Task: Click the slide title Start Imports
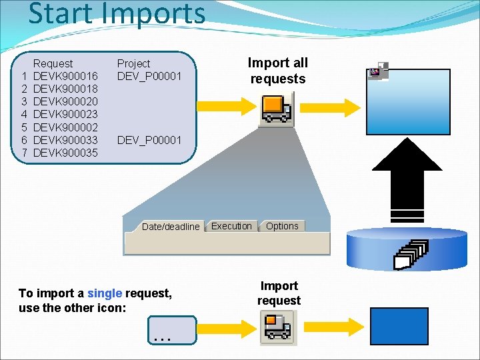coord(117,14)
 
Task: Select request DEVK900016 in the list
coord(65,76)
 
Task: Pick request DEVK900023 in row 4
coord(65,115)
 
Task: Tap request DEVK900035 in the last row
coord(65,153)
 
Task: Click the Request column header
coord(53,63)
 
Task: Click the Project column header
coord(133,63)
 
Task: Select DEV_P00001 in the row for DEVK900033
coord(149,141)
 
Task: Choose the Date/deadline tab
coord(170,227)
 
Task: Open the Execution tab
coord(231,226)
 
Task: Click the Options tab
coord(282,226)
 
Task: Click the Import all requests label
coord(278,71)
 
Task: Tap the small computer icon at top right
coord(378,72)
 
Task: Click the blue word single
coord(105,293)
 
